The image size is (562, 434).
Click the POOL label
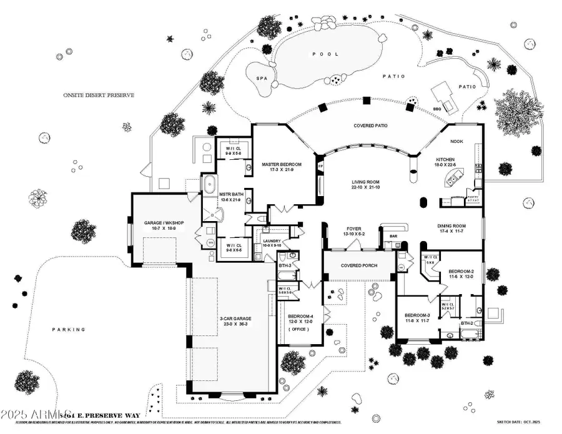[325, 54]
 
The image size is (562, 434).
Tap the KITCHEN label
[449, 160]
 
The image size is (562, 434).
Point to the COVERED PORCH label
[358, 265]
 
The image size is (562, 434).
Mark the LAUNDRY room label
[273, 240]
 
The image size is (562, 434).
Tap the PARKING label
[69, 329]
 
